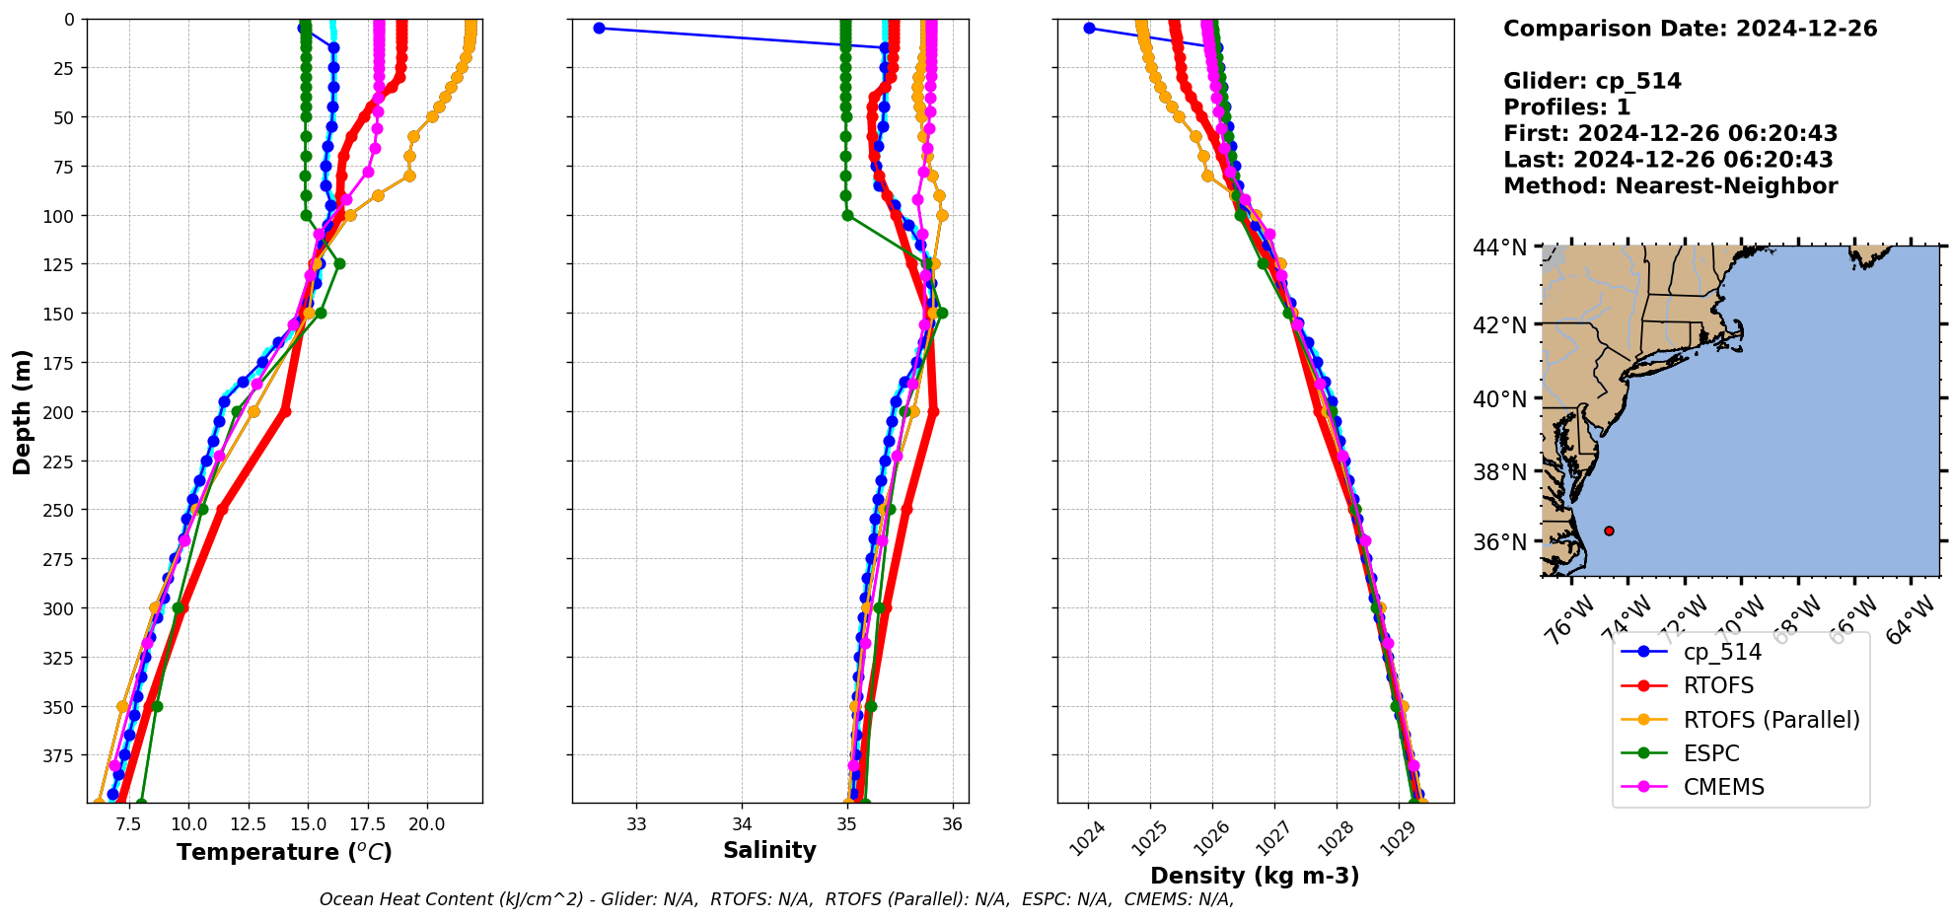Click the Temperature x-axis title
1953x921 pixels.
[x=284, y=853]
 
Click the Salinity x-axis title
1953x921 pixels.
[x=769, y=851]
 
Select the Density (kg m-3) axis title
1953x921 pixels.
[x=1255, y=876]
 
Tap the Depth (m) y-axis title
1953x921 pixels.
[x=22, y=411]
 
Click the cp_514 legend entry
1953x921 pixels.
[x=1722, y=653]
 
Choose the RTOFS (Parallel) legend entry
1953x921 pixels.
[x=1771, y=720]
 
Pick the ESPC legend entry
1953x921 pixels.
[x=1711, y=753]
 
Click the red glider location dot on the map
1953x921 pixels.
[x=1609, y=531]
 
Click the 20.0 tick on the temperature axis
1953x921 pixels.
[x=427, y=824]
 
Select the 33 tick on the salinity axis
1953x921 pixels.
[x=636, y=824]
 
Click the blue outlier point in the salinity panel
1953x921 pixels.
[x=599, y=28]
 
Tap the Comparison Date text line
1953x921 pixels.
[x=1690, y=29]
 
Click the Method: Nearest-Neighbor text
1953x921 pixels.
[x=1670, y=186]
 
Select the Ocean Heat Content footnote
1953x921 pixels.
[x=776, y=899]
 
